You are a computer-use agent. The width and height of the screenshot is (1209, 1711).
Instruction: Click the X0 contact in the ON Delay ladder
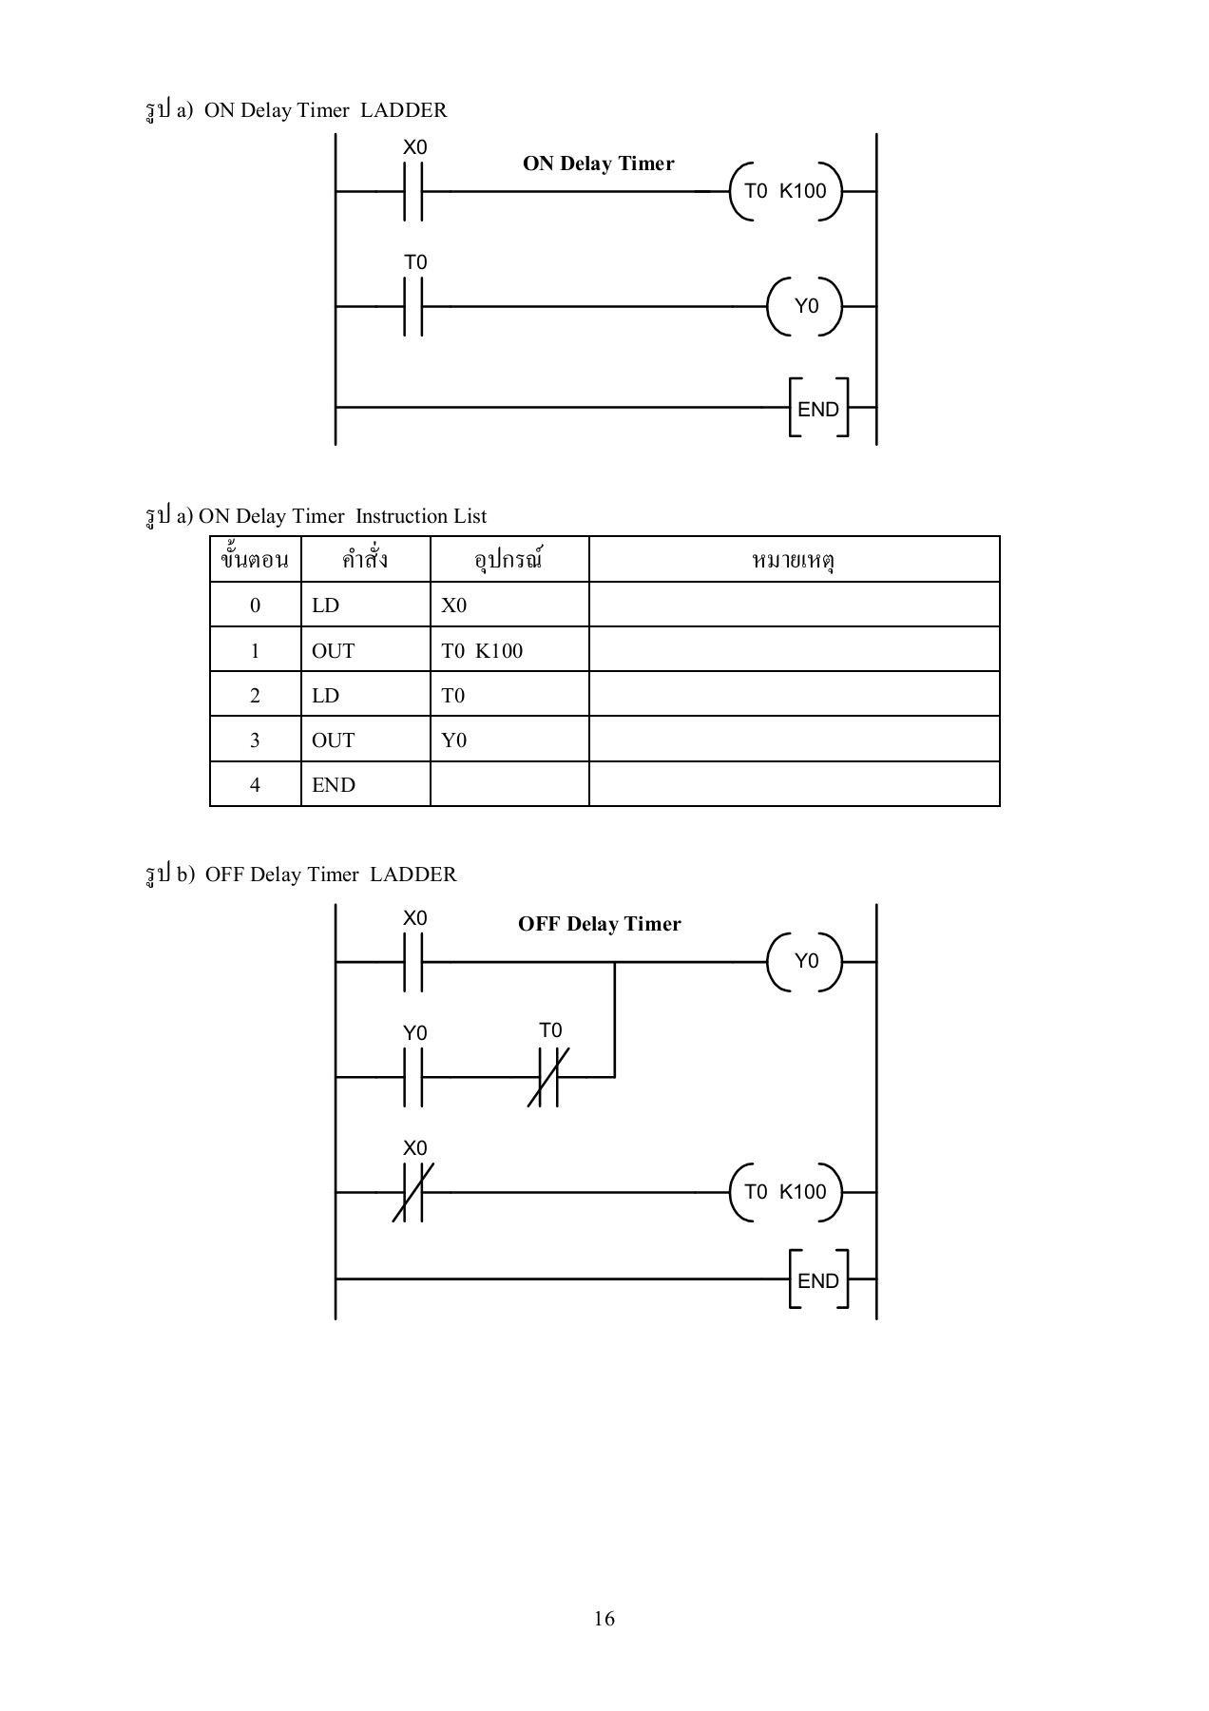click(413, 191)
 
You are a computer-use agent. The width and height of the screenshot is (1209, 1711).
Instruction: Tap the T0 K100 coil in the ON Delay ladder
click(785, 191)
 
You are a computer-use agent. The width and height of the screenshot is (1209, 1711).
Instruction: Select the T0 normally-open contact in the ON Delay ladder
click(413, 306)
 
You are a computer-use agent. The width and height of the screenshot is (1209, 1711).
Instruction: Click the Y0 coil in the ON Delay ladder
click(805, 306)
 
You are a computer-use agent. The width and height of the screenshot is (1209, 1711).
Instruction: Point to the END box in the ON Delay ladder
click(817, 409)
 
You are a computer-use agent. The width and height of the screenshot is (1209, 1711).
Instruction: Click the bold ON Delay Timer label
click(598, 163)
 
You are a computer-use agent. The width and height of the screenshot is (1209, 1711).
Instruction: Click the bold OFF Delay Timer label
click(599, 924)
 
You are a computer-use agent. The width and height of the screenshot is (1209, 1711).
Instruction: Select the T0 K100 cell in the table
click(482, 651)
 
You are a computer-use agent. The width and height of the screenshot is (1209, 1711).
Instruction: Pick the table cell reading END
click(334, 785)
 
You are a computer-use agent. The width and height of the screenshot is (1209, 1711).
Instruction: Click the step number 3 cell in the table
click(255, 740)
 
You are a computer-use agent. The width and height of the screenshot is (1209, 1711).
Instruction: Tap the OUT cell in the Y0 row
click(334, 740)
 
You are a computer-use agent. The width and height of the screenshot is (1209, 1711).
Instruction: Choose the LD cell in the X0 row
click(325, 606)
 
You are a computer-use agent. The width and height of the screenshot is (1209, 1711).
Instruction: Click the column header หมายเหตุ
click(793, 560)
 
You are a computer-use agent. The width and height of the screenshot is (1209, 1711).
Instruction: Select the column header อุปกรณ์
click(508, 560)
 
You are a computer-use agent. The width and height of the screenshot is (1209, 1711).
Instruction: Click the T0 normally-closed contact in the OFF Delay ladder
click(548, 1077)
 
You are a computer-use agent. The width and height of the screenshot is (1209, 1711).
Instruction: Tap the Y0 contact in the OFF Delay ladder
click(413, 1077)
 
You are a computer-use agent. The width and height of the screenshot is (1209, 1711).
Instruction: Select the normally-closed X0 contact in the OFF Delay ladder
click(413, 1192)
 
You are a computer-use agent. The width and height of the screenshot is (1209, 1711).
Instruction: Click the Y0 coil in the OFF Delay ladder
click(805, 961)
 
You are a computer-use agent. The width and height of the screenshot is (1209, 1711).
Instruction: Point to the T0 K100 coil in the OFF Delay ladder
click(785, 1192)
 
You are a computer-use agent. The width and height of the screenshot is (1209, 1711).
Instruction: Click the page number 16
click(604, 1619)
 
